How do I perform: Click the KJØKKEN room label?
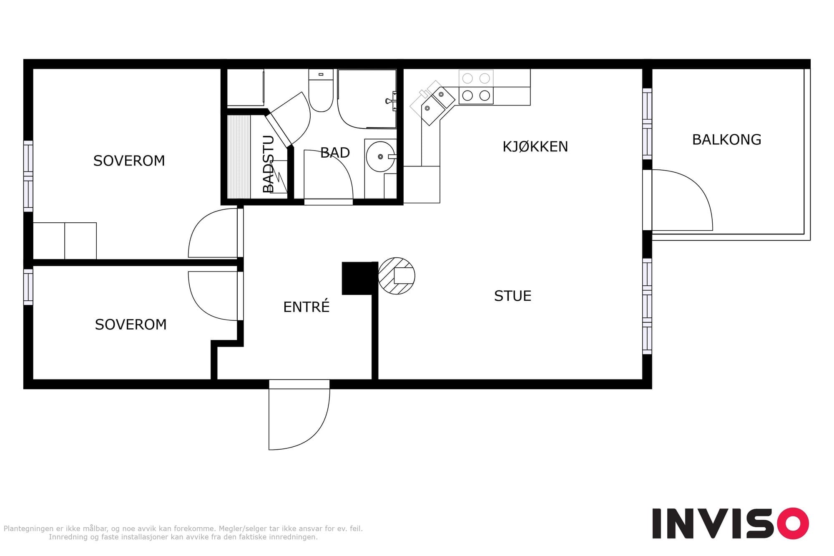coord(535,147)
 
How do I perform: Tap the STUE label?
coord(512,296)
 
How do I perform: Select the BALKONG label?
coord(726,140)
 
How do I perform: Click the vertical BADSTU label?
coord(269,164)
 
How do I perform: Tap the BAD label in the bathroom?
coord(335,153)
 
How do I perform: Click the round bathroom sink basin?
coord(380,156)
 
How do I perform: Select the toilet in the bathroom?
coord(321,91)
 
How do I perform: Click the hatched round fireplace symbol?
coord(397,276)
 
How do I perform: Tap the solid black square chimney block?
coord(357,278)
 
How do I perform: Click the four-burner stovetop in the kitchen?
coord(476,87)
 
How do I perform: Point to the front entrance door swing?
coord(299,415)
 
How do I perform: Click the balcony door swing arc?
coord(682,200)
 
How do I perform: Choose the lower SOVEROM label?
coord(131,325)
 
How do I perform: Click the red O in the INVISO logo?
coord(792,523)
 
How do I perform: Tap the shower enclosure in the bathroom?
coord(367,99)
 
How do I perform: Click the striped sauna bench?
coord(239,157)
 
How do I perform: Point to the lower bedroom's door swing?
coord(213,296)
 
